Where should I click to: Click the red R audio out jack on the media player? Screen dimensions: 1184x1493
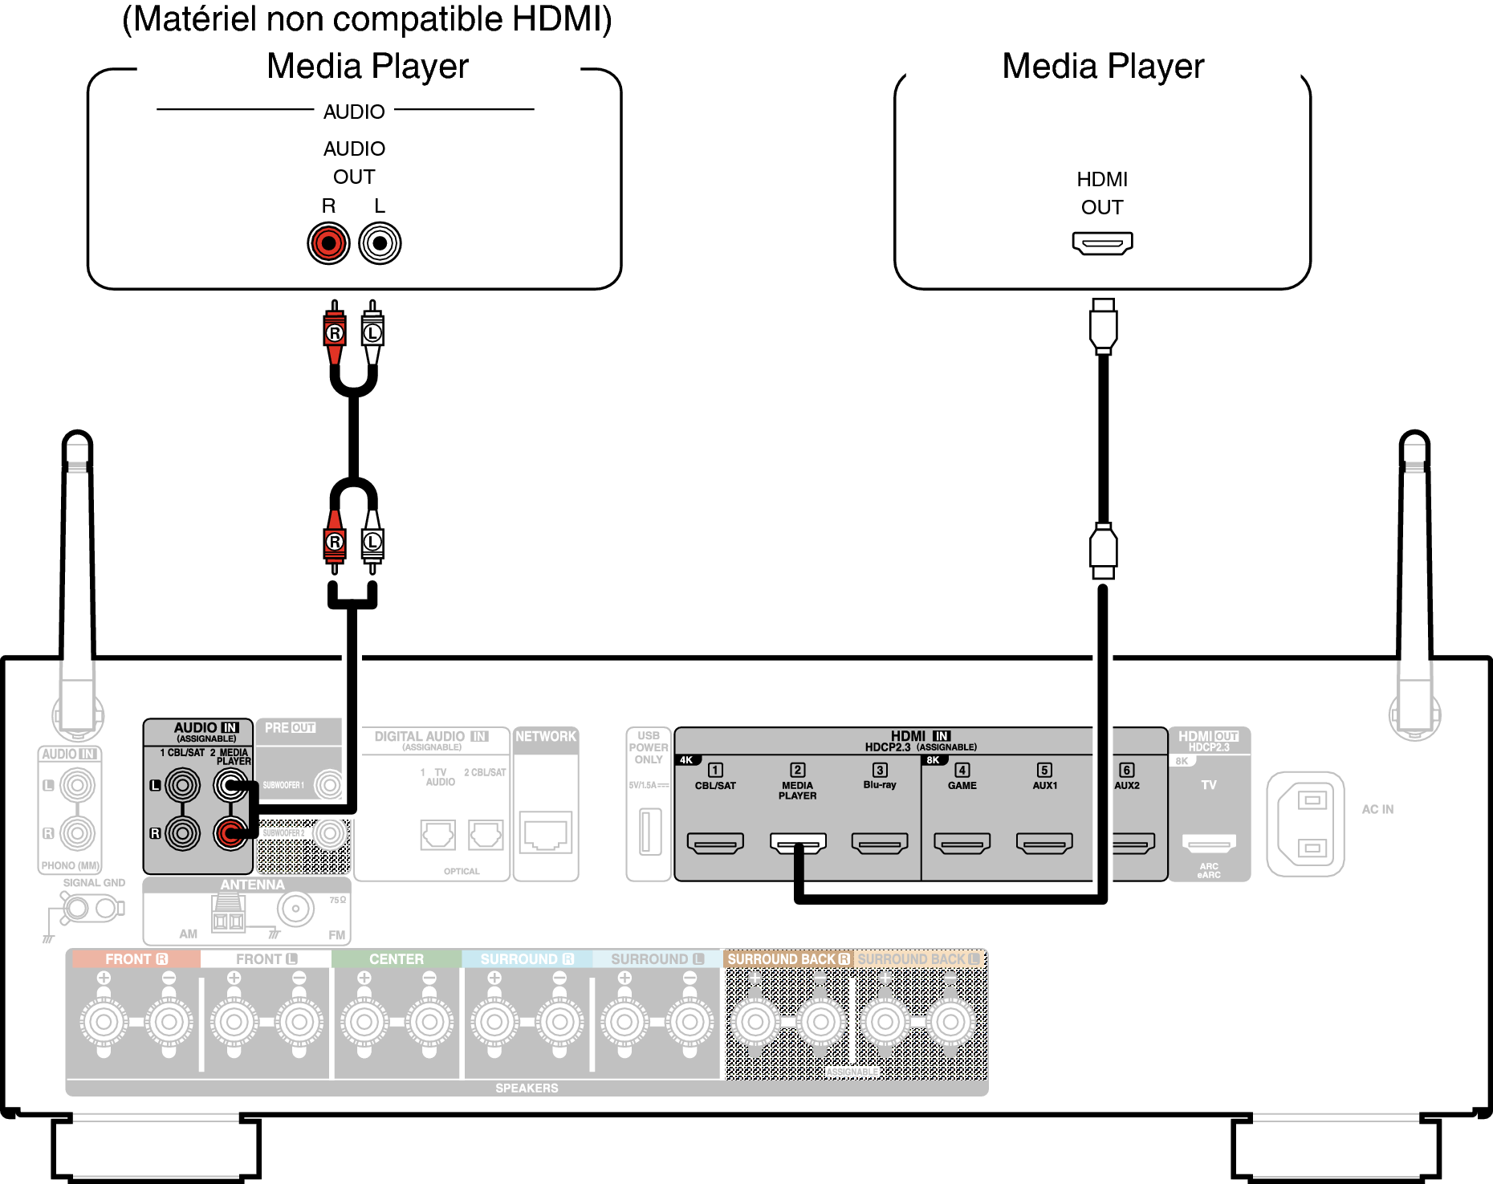[328, 243]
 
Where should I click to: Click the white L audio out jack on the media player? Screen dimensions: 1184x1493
[380, 243]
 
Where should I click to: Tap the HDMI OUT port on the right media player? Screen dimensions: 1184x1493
[1102, 242]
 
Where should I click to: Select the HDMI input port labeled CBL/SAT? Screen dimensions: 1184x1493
[715, 843]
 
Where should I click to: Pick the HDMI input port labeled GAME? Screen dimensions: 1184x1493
[962, 843]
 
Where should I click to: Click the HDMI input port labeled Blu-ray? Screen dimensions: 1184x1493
[880, 843]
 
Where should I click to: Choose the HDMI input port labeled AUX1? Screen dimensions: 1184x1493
[1044, 843]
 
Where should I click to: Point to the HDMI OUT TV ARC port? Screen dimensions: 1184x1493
[1209, 843]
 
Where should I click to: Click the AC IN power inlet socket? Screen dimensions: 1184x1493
[1306, 824]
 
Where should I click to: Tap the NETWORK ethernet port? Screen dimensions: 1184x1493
[546, 832]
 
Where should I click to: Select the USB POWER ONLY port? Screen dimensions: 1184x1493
[649, 832]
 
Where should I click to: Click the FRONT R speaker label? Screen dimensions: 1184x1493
[136, 959]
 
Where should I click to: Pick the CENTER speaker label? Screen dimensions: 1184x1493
[397, 959]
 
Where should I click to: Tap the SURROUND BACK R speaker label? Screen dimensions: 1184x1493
[787, 959]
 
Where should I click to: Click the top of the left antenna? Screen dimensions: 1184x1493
[77, 440]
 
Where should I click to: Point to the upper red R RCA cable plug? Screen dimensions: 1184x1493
[335, 332]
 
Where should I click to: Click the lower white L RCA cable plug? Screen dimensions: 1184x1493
[372, 543]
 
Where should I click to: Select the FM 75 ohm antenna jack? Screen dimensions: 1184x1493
[295, 909]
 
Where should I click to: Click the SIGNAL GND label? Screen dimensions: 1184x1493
[94, 883]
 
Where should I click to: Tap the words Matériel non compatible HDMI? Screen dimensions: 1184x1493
[367, 19]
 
